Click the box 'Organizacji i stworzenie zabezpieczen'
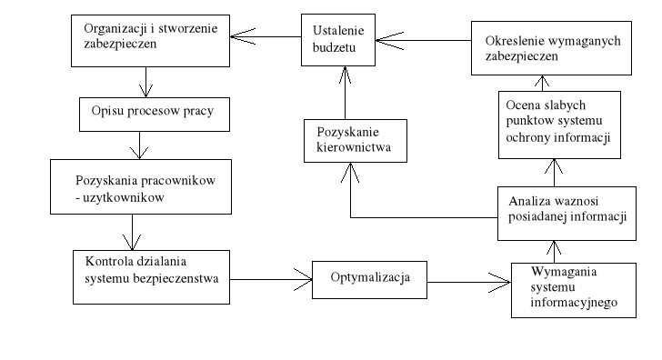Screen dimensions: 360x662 point(149,40)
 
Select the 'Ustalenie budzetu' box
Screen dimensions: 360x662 point(338,40)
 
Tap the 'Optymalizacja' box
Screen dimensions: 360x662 point(370,274)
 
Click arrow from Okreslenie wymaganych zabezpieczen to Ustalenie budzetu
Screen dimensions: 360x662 point(423,39)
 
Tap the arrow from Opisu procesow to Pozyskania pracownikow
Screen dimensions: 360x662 point(138,145)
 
